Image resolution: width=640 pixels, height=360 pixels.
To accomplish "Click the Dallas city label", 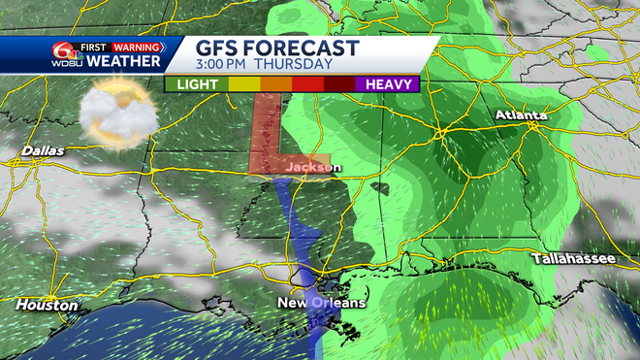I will point(40,151).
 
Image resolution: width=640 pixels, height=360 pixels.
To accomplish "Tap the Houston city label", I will point(47,305).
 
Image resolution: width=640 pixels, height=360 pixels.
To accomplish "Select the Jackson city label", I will point(313,168).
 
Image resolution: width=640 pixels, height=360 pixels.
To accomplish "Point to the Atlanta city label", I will point(521,115).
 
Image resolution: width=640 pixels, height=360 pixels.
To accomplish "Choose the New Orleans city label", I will point(322,304).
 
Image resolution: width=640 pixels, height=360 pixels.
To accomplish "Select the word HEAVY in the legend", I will point(390,84).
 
